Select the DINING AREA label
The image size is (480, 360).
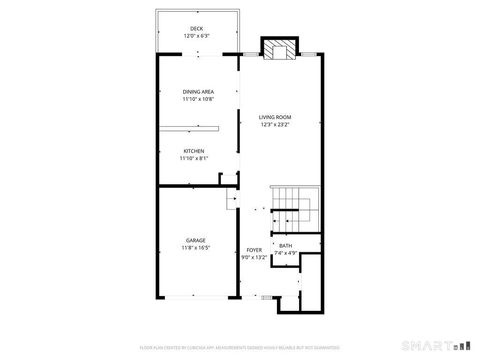pyautogui.click(x=198, y=92)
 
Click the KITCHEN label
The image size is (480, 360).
pyautogui.click(x=193, y=151)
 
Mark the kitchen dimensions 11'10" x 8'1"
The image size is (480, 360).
pyautogui.click(x=193, y=159)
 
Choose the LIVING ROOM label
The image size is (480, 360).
pyautogui.click(x=275, y=117)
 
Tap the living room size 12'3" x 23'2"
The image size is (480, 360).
pyautogui.click(x=275, y=125)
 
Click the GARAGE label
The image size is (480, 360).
pyautogui.click(x=195, y=240)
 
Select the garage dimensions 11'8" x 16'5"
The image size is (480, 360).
pyautogui.click(x=195, y=248)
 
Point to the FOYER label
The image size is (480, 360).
pyautogui.click(x=255, y=249)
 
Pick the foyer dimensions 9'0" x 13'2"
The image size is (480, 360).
pyautogui.click(x=255, y=257)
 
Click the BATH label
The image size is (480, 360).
pyautogui.click(x=286, y=245)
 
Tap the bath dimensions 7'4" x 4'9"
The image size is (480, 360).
pyautogui.click(x=286, y=253)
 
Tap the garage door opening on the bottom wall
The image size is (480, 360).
pyautogui.click(x=198, y=296)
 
